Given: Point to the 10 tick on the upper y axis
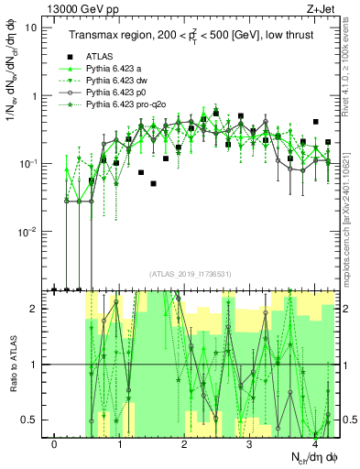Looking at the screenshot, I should [x=31, y=27].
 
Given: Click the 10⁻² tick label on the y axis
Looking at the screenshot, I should [x=27, y=232].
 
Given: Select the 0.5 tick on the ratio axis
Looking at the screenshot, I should [x=29, y=420].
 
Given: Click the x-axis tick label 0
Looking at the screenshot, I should [x=55, y=445].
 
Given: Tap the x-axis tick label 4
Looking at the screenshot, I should [x=314, y=445].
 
